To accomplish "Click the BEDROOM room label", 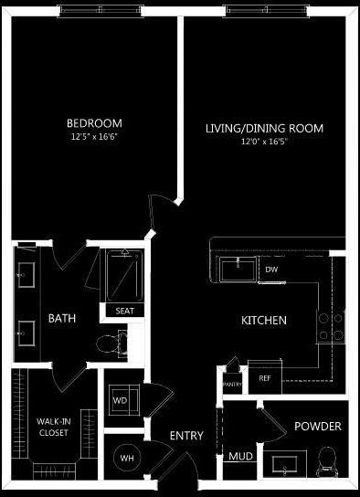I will (94, 123).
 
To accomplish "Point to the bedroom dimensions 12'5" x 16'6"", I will (94, 137).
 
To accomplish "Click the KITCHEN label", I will (264, 321).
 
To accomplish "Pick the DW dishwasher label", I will (271, 270).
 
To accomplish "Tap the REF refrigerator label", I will (265, 377).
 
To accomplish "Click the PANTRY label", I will (231, 385).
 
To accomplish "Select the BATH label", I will (62, 319).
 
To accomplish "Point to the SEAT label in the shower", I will (124, 311).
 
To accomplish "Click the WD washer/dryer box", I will (120, 400).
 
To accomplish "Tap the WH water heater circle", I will (126, 458).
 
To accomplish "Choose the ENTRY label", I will (186, 437).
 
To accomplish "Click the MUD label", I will (240, 456).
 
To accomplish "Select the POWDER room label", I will (318, 427).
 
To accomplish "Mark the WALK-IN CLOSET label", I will (52, 427).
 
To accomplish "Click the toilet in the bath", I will (111, 343).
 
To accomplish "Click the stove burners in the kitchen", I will (331, 326).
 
